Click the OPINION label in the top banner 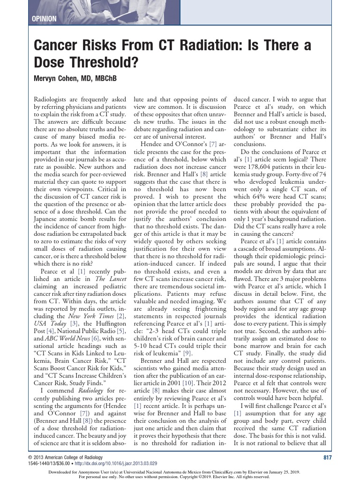[44, 19]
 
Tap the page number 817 [329, 457]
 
